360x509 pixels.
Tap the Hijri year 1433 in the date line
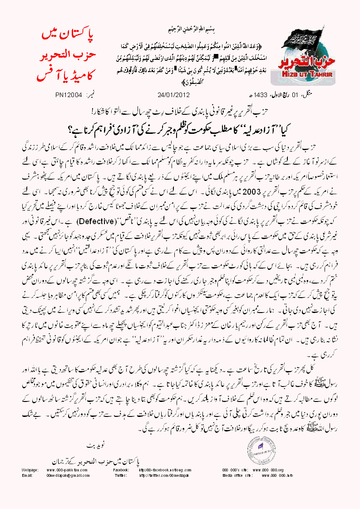(x=247, y=95)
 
